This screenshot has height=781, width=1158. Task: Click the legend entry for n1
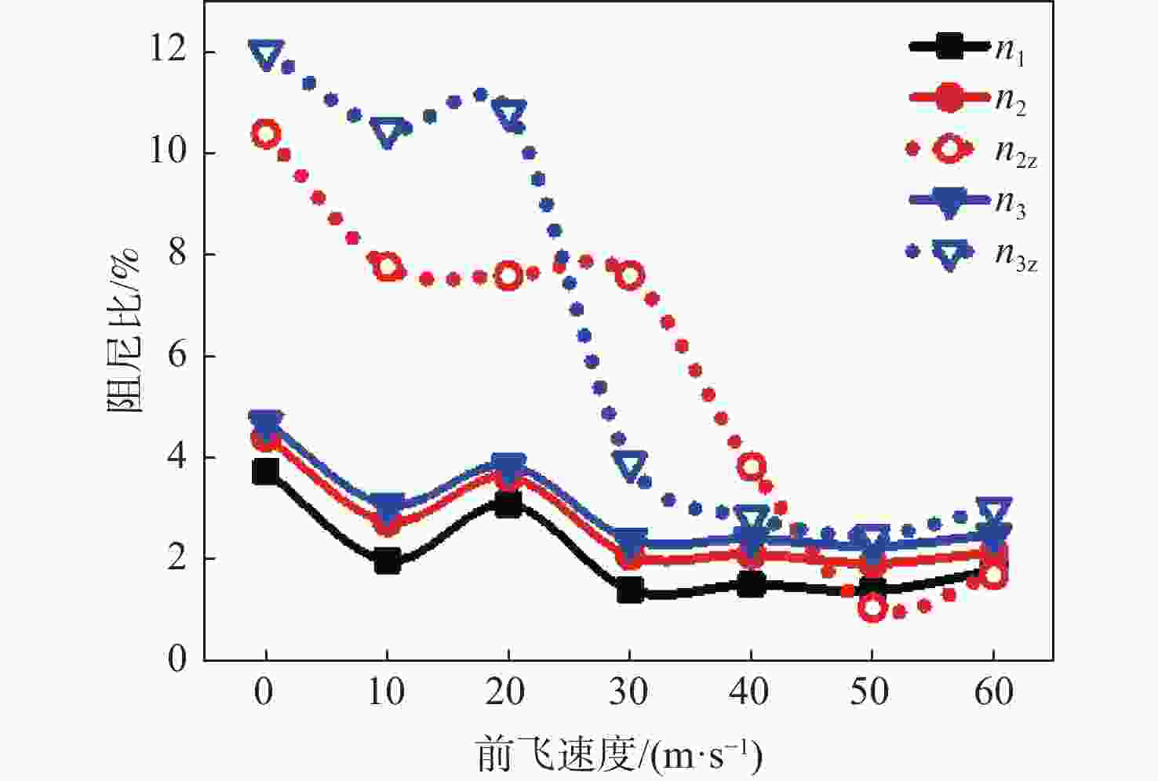click(969, 49)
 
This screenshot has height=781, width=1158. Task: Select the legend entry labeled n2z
click(973, 149)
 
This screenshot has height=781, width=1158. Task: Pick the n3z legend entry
click(973, 253)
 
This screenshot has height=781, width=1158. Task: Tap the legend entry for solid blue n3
click(969, 202)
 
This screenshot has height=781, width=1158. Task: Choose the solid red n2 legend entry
click(969, 99)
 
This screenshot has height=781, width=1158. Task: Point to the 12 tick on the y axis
click(168, 51)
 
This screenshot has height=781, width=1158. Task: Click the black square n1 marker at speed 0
click(265, 472)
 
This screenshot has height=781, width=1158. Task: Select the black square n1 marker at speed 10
click(387, 561)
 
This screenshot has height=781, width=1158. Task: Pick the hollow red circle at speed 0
click(265, 134)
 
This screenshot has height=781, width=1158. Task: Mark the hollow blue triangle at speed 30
click(631, 465)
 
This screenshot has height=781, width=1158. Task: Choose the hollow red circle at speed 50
click(872, 607)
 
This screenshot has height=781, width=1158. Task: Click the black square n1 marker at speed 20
click(508, 504)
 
